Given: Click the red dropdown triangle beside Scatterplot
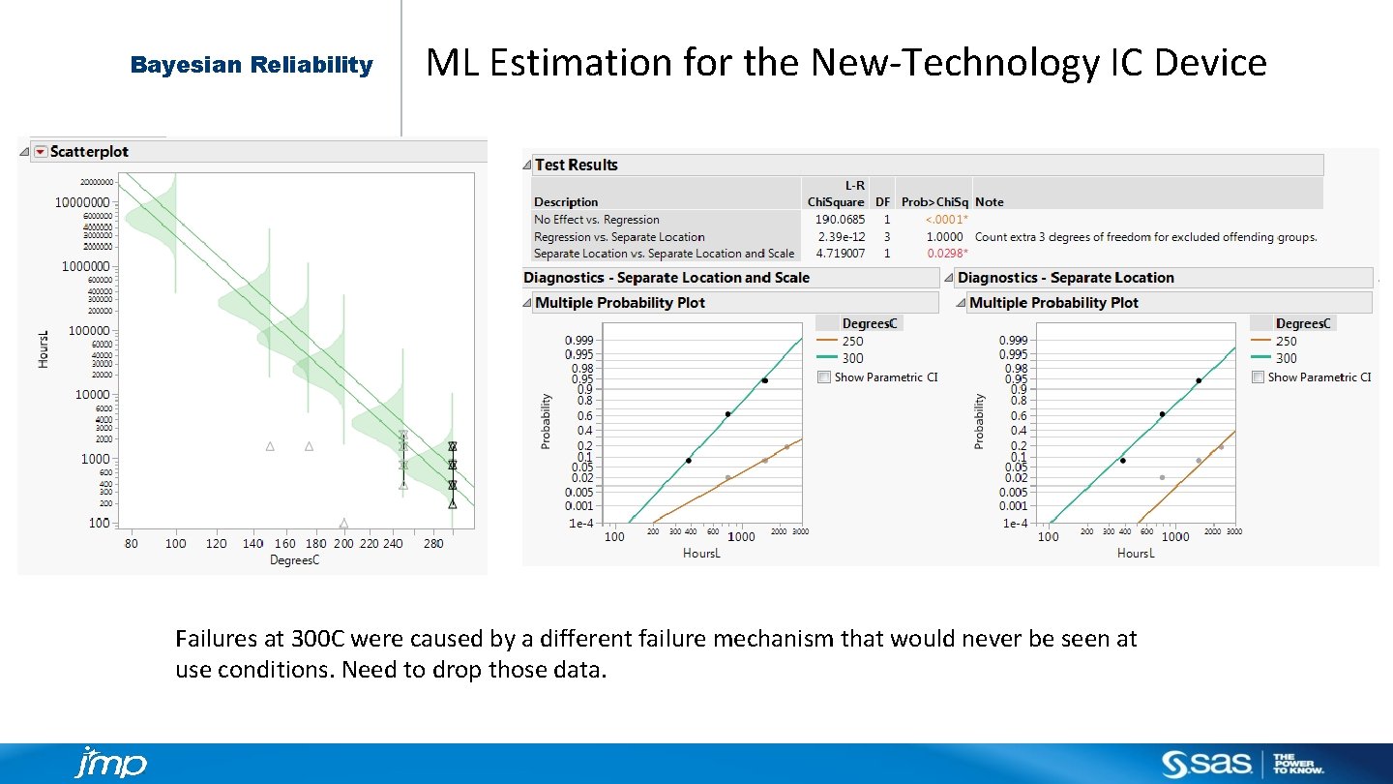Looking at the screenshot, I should point(40,152).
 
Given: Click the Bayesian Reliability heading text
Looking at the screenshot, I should point(252,65).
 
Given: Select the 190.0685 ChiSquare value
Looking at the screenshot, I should point(839,220).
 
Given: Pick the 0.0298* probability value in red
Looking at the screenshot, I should point(947,254).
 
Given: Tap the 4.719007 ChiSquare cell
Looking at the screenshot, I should point(839,254).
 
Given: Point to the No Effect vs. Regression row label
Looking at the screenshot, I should point(597,220).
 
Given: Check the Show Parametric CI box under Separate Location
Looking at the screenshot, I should point(1258,377).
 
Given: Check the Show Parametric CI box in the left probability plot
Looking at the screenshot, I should point(823,377).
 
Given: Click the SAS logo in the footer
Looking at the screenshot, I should point(1208,764).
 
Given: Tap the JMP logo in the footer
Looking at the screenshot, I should point(110,763).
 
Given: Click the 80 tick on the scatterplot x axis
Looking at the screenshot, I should point(131,543).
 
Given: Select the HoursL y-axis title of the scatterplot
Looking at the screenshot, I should point(43,348).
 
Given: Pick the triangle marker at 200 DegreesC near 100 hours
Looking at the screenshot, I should point(343,524).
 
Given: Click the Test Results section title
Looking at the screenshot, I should point(576,165).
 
